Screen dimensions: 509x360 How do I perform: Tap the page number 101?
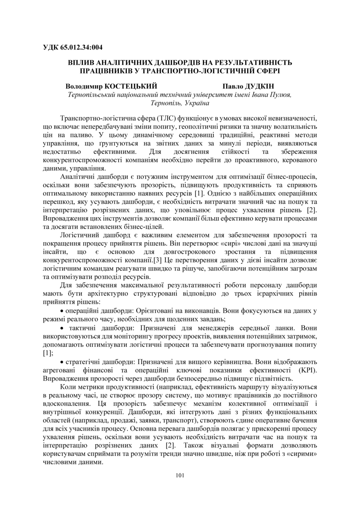coord(180,475)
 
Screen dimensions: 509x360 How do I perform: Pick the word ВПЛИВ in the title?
coord(81,63)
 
